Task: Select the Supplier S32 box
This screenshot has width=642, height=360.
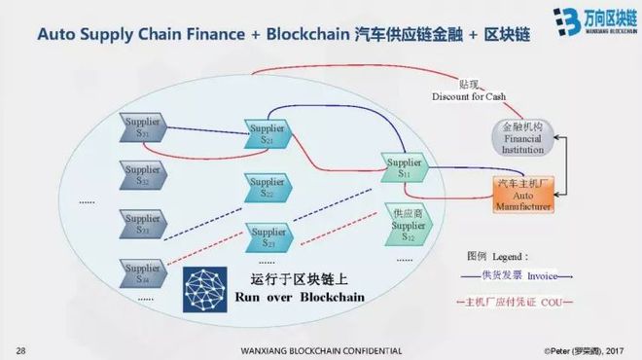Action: pyautogui.click(x=144, y=175)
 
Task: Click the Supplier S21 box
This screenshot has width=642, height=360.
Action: pyautogui.click(x=267, y=135)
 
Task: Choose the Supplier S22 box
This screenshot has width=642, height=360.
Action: pyautogui.click(x=267, y=186)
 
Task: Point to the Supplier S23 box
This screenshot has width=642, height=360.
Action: pyautogui.click(x=267, y=235)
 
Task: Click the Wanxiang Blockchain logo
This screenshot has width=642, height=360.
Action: pyautogui.click(x=574, y=22)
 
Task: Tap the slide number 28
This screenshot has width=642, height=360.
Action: pyautogui.click(x=20, y=348)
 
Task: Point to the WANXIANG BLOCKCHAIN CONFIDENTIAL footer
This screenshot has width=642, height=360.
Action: pyautogui.click(x=320, y=348)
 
